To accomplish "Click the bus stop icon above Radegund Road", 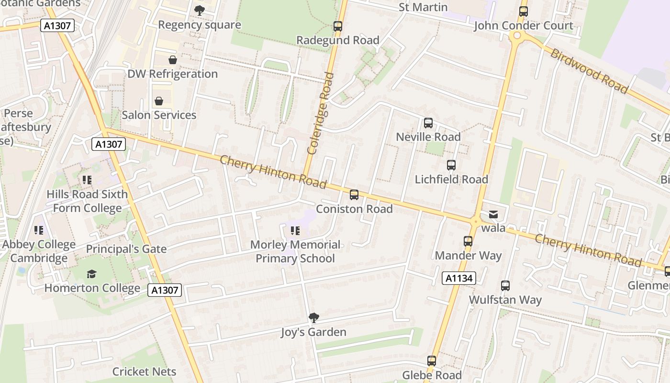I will point(338,26).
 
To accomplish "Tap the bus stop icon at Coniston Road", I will point(354,195).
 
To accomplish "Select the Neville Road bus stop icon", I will point(428,123).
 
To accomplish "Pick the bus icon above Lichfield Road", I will point(451,165).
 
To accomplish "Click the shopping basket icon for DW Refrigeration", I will point(173,60).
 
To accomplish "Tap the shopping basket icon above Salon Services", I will point(159,101).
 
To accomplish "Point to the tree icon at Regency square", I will point(200,10).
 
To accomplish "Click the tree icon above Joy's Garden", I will point(314,317).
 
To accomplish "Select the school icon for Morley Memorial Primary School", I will point(295,231).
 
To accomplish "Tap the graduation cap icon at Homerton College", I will point(91,274).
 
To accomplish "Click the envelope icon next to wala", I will point(493,214).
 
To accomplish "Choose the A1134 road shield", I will point(458,278).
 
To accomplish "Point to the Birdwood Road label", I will point(589,71).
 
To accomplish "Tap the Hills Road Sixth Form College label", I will point(87,201).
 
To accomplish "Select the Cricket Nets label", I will point(144,372).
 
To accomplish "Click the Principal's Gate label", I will point(126,249).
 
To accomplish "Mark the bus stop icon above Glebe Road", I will point(432,361).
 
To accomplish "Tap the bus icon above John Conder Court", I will point(524,11).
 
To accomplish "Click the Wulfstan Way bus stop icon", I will point(505,286).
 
